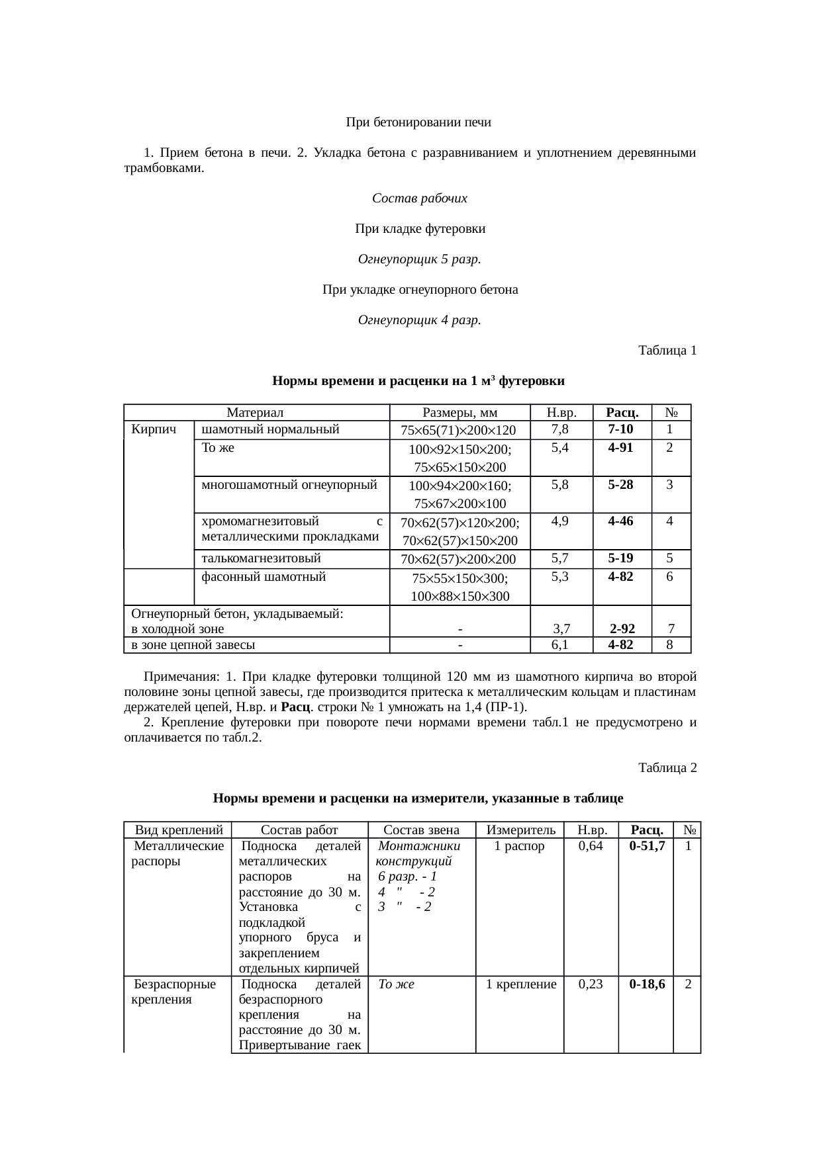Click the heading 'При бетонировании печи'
[x=418, y=122]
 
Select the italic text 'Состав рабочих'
[x=419, y=198]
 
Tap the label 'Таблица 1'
[x=667, y=351]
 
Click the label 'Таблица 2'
[x=667, y=768]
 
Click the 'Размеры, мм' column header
[x=459, y=413]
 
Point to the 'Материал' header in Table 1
[x=255, y=413]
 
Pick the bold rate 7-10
[x=620, y=429]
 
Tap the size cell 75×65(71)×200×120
[x=459, y=431]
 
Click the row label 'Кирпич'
[x=154, y=429]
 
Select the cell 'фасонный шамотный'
[x=264, y=577]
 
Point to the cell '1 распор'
[x=520, y=846]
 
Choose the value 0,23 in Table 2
[x=591, y=984]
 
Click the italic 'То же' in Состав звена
[x=396, y=984]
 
